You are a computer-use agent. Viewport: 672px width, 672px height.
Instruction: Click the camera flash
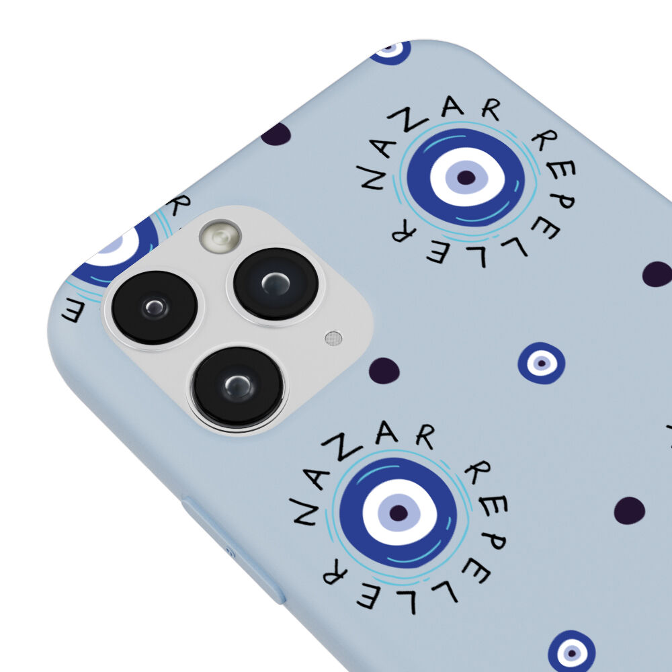(220, 236)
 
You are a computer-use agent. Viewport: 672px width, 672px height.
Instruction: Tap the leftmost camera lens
(155, 307)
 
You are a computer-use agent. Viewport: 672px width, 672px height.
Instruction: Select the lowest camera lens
(237, 387)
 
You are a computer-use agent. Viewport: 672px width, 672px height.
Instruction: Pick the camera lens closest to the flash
(276, 284)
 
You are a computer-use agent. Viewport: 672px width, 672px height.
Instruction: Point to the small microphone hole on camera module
(333, 338)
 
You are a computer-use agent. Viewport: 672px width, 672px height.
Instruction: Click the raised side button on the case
(234, 551)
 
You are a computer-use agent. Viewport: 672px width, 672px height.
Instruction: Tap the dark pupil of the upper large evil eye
(466, 177)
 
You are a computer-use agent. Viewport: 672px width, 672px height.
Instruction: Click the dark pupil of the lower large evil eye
(398, 512)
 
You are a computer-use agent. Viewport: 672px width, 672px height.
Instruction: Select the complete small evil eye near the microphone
(541, 363)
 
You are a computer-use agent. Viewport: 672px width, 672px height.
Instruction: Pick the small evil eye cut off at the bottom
(571, 652)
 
